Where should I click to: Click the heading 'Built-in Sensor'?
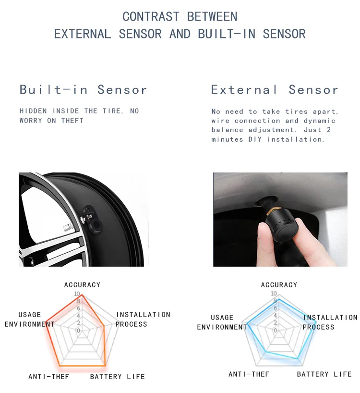(83, 90)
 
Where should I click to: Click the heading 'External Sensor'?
(275, 90)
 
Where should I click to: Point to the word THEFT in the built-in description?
(72, 121)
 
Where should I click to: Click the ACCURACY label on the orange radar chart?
(83, 285)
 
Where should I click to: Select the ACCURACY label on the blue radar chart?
(279, 285)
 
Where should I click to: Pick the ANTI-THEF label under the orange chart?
(49, 377)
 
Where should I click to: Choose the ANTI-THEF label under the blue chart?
(249, 374)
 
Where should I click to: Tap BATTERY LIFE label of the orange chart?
(118, 377)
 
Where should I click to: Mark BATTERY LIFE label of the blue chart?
(324, 374)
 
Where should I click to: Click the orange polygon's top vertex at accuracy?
(82, 295)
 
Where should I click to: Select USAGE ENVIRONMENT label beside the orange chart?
(30, 319)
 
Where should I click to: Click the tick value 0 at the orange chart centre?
(79, 331)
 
